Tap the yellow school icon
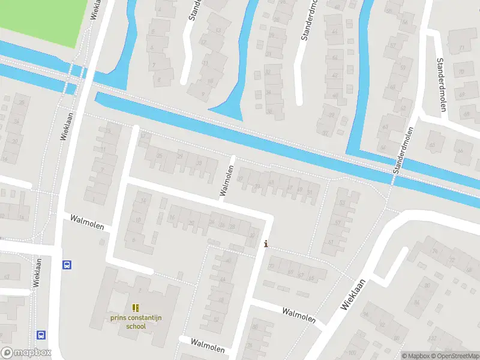(x=135, y=308)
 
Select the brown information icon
(x=266, y=244)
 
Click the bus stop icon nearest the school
(x=66, y=264)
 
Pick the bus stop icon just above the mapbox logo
(x=41, y=334)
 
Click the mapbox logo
(x=26, y=353)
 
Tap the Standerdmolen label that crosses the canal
(x=404, y=151)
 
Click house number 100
(x=353, y=352)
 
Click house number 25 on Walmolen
(x=159, y=156)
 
